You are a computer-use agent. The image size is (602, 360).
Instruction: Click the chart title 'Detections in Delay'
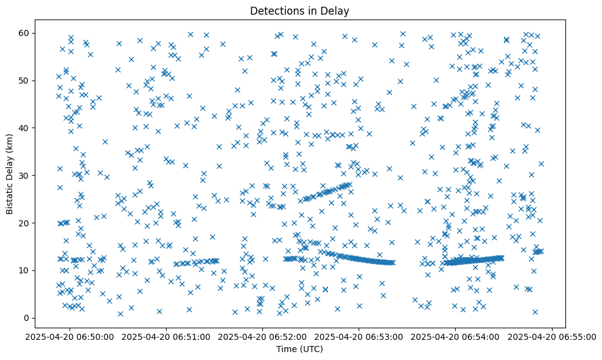pos(299,10)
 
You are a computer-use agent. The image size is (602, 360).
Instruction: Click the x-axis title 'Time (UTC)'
pos(299,349)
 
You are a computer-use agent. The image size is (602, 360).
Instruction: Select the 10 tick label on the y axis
pos(25,270)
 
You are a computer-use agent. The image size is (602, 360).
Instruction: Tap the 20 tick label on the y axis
pos(25,223)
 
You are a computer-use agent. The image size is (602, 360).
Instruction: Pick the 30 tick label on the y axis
pos(25,175)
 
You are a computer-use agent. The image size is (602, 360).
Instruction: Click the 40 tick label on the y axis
pos(25,128)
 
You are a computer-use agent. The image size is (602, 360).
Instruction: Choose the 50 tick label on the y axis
pos(25,80)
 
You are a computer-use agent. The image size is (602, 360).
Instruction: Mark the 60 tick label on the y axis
pos(25,32)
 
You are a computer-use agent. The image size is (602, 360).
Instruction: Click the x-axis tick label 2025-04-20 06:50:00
pos(70,336)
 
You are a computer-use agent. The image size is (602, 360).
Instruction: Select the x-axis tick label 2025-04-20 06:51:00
pos(167,336)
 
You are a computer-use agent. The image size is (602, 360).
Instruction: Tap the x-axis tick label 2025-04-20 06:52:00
pos(263,336)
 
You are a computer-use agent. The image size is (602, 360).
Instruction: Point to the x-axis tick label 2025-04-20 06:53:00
pos(359,336)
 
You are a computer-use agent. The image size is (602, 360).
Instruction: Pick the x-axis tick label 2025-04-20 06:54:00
pos(456,336)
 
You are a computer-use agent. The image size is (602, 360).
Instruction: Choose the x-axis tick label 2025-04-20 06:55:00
pos(552,336)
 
